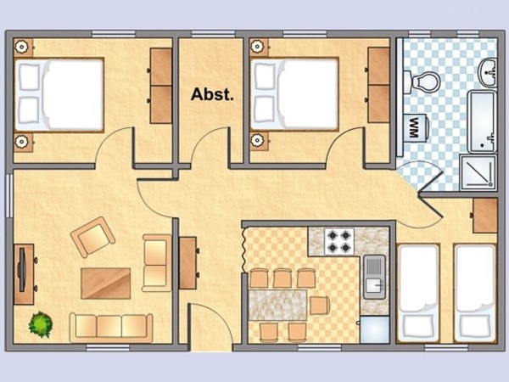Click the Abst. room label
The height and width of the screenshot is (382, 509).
tap(212, 94)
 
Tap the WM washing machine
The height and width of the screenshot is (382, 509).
tap(417, 127)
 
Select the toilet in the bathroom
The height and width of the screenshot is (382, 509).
tap(422, 81)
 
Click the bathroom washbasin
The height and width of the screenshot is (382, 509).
tap(488, 72)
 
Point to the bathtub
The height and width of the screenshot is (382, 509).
tap(482, 121)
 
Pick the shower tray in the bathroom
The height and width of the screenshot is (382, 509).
tap(478, 172)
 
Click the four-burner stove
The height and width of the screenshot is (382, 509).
tap(339, 241)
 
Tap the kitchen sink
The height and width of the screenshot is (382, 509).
tap(374, 277)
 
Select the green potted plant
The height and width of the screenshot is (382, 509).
tap(41, 324)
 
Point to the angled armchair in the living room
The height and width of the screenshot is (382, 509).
tap(92, 237)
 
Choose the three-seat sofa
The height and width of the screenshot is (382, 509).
tap(111, 328)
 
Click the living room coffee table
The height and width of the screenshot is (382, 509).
tap(106, 284)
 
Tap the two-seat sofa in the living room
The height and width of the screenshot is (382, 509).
tap(157, 263)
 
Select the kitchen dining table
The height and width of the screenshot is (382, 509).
tap(277, 305)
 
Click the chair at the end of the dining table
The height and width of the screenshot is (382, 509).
tap(320, 306)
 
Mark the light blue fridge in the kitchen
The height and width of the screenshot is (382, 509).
tap(375, 329)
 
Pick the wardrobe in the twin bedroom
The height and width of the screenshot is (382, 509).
tap(485, 216)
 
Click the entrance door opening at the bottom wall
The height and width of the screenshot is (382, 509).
tap(210, 347)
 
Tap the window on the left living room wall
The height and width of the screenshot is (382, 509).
tap(9, 195)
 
